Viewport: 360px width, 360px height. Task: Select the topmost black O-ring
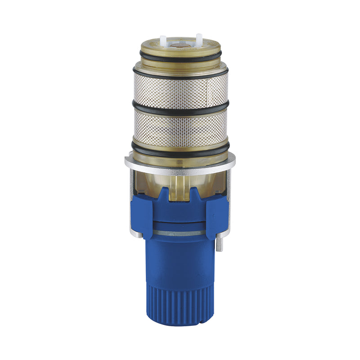pos(180,57)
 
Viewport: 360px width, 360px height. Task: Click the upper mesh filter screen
pos(180,90)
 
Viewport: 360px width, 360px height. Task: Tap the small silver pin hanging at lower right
pos(218,245)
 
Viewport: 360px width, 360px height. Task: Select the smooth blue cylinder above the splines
pos(180,261)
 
